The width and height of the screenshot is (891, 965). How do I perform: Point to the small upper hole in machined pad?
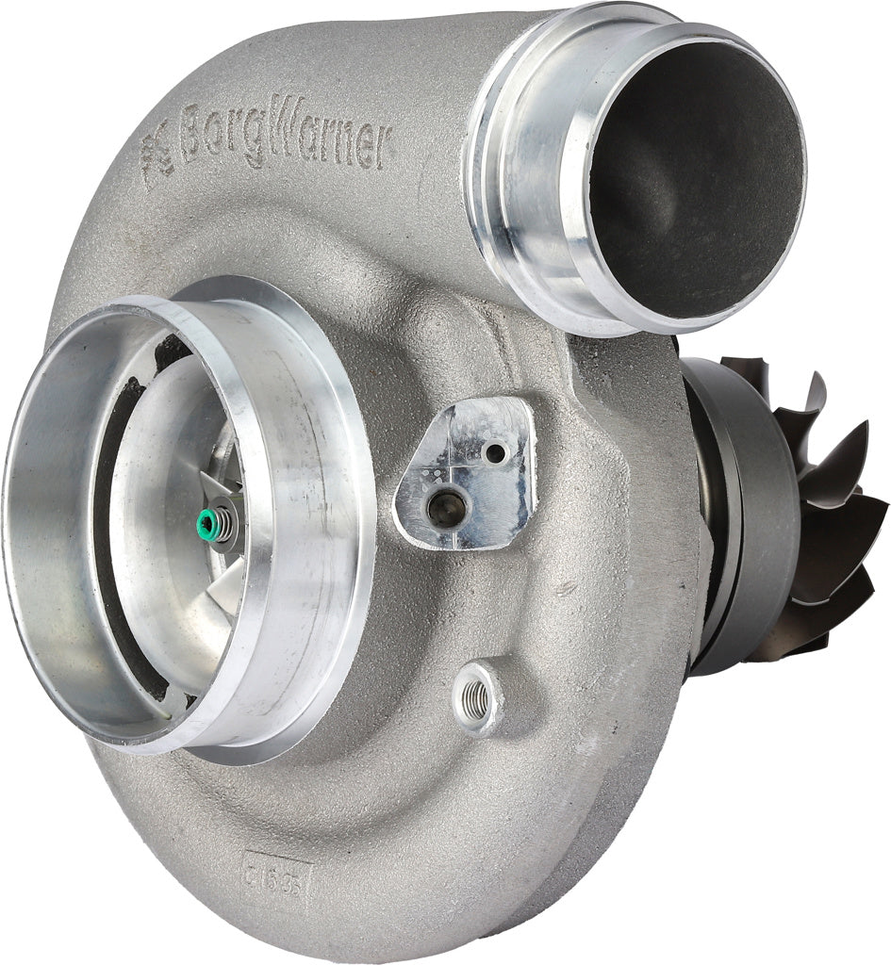click(493, 452)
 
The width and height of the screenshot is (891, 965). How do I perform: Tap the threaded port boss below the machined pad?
click(477, 696)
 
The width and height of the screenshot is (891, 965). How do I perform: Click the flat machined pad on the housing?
click(467, 476)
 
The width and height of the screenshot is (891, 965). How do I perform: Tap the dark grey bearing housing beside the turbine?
click(745, 509)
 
